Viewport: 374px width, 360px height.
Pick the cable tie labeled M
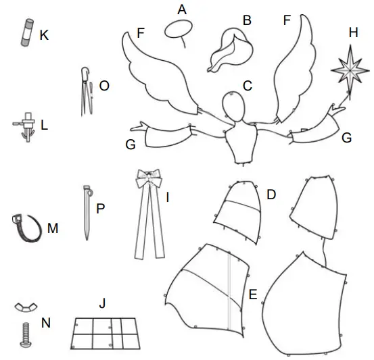click(24, 228)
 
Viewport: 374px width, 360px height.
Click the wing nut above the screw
click(24, 308)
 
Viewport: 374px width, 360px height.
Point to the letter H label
click(352, 32)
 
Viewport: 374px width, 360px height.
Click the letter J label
click(102, 303)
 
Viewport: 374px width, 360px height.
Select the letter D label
click(271, 195)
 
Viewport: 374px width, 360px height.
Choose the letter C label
click(248, 86)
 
